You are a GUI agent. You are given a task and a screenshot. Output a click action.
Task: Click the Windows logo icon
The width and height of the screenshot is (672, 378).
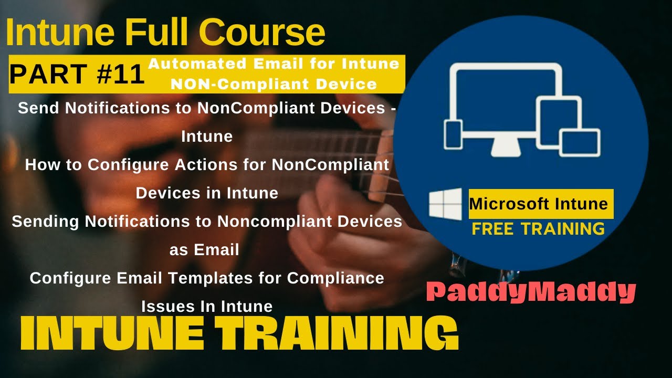(x=445, y=204)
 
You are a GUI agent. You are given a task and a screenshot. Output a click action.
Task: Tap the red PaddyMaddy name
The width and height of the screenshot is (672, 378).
(x=531, y=292)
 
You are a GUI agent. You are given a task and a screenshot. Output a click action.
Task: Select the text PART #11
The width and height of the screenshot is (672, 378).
(x=77, y=75)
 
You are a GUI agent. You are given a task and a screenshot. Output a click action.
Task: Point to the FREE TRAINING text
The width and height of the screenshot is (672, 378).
(x=538, y=228)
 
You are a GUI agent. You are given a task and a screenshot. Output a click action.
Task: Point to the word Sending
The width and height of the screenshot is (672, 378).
(x=46, y=222)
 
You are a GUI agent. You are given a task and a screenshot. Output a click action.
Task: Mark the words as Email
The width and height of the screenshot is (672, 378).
(x=204, y=250)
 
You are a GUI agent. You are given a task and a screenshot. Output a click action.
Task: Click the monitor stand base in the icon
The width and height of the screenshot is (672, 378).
(x=507, y=151)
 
